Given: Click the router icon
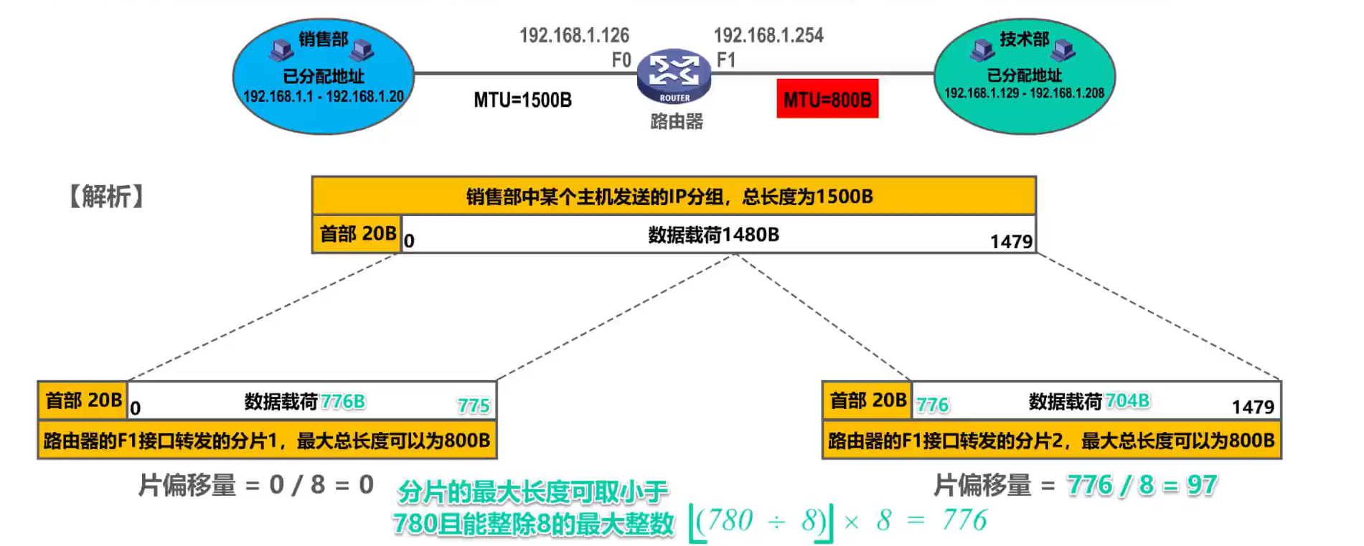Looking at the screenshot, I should pos(674,76).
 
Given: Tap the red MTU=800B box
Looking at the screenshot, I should pos(827,99).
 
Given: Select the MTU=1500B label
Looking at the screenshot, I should pos(522,100).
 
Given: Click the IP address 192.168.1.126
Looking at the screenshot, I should pos(574,35).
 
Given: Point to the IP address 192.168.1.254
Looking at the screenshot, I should pos(768,35).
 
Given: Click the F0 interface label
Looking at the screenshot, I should pos(621,60).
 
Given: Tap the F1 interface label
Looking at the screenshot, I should pos(726,60).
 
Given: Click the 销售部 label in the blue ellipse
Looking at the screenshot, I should pos(323,39).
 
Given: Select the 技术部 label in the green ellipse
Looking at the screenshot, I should pos(1024,39).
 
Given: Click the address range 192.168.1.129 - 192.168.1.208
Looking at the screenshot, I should pos(1024,93).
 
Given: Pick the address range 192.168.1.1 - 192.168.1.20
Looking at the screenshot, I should pos(323,96).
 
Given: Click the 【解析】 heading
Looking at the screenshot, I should pos(106,196).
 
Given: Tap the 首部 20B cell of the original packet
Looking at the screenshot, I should pos(357,234).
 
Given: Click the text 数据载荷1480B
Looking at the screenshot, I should pos(713,235).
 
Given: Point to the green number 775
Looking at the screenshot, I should pos(474,406).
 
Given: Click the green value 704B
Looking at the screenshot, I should pos(1127,400).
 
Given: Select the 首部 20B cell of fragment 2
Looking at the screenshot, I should pos(867,400).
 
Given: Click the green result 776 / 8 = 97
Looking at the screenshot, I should pos(1142,486).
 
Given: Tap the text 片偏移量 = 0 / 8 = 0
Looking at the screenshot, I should pos(256,486).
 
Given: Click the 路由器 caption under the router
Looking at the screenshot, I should pos(676,122).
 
